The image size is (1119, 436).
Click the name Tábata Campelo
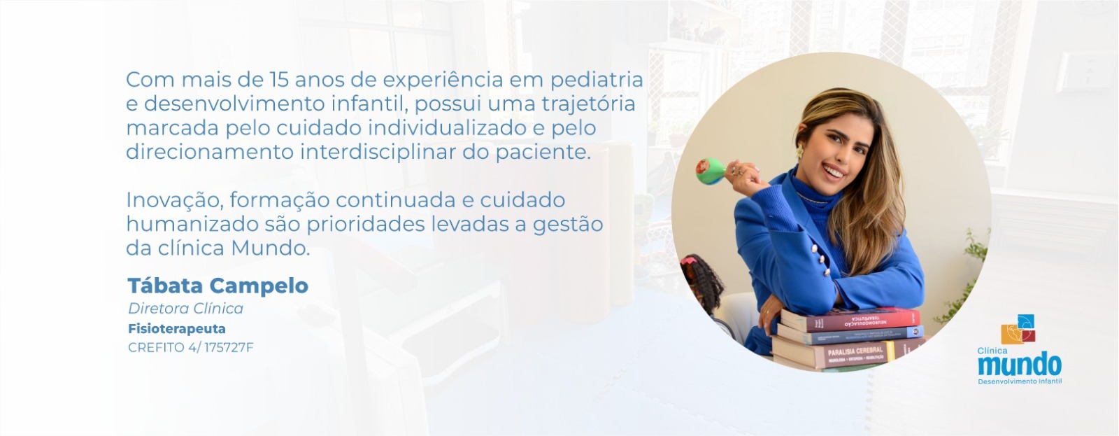(218, 286)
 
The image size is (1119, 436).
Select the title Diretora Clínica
(185, 309)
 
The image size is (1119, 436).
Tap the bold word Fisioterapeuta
(176, 328)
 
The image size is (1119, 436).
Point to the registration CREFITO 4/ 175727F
(190, 348)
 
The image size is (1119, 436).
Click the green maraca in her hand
(711, 171)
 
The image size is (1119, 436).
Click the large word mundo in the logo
(1019, 365)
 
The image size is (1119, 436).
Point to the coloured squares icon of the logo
(1018, 330)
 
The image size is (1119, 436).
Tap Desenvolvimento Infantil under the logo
(1019, 381)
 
